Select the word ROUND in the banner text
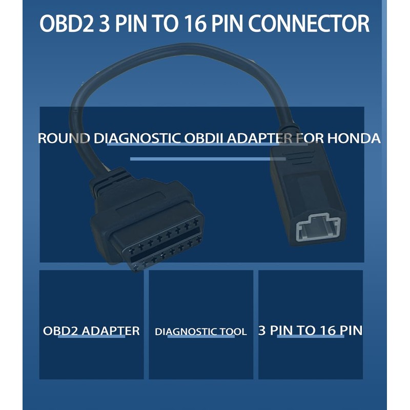point(60,139)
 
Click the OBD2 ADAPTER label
point(91,331)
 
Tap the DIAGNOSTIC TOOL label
point(200,332)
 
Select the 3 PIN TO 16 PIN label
point(310,331)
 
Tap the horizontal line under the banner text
point(200,159)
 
